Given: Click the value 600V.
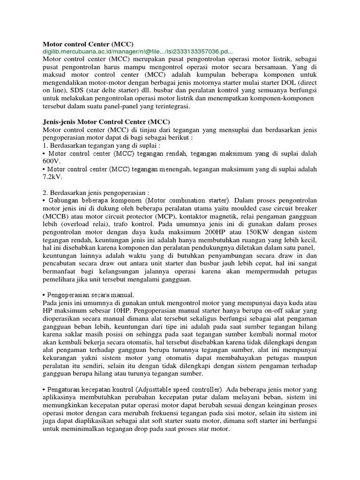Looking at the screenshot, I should pos(52,161).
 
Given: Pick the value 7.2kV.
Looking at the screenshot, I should pos(52,178).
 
